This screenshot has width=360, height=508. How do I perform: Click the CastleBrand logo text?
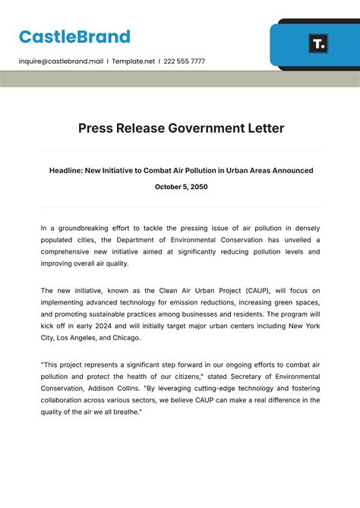point(74,36)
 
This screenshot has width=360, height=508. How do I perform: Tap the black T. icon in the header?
point(318,43)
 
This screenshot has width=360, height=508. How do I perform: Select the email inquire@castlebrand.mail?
point(60,61)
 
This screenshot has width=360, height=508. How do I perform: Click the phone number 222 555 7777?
point(184,61)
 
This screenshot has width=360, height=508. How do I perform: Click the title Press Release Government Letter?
point(181,128)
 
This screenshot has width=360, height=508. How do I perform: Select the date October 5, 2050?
point(181,187)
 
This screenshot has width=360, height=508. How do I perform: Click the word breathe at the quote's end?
point(125,412)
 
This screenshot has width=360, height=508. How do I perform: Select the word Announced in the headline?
point(287,171)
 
